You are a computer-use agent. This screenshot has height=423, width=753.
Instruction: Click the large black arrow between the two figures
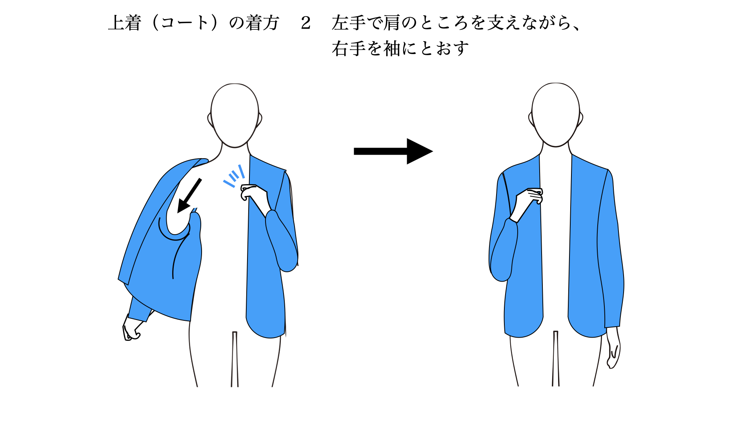click(x=393, y=151)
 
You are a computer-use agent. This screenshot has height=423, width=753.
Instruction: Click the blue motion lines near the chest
click(x=234, y=176)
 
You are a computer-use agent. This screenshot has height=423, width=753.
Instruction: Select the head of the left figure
click(x=235, y=116)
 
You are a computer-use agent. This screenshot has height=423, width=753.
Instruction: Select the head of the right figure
click(x=556, y=115)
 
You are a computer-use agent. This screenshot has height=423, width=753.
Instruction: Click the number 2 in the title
click(x=306, y=23)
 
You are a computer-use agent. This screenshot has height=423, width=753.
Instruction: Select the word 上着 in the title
click(x=124, y=23)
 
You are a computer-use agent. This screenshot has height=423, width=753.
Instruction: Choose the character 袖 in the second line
click(x=392, y=49)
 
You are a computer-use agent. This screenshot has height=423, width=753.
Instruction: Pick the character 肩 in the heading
click(x=392, y=23)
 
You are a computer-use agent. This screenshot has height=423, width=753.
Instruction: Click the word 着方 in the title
click(x=262, y=23)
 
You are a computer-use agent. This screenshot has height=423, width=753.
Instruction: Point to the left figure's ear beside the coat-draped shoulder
click(x=210, y=119)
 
